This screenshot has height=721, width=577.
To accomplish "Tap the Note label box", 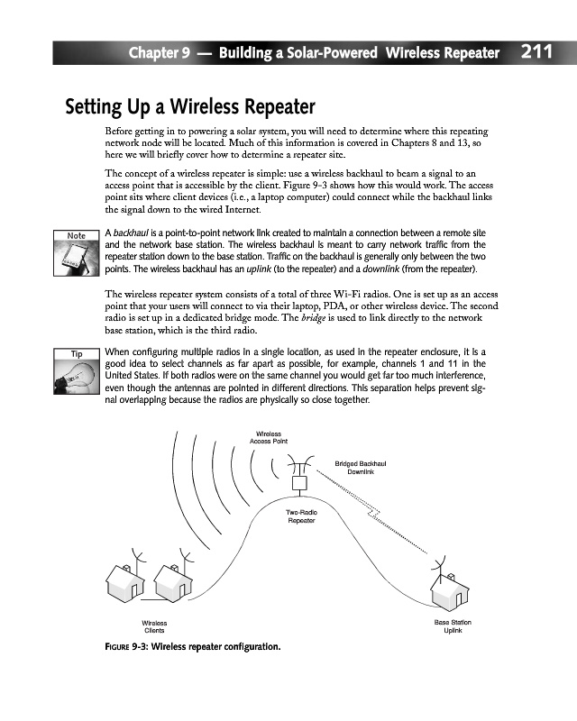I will point(77,235).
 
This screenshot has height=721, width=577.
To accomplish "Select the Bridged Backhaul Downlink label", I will point(361,467).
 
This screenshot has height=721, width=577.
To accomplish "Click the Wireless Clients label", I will point(154,626).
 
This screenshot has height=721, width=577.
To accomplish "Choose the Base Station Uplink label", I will point(453,626).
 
